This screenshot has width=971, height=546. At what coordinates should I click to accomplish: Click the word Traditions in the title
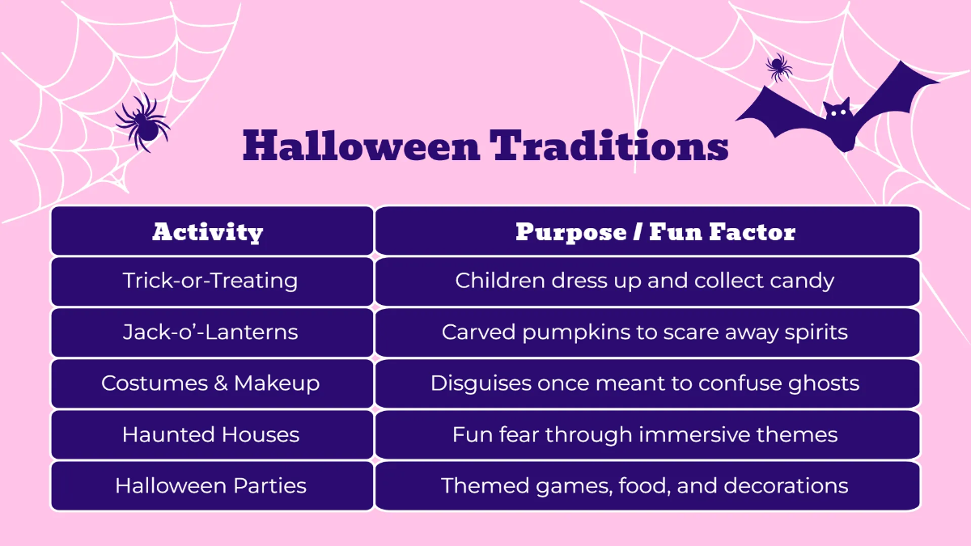tap(609, 146)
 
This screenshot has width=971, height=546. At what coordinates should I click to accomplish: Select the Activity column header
tap(208, 232)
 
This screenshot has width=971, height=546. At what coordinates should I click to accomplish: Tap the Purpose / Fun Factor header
tap(655, 232)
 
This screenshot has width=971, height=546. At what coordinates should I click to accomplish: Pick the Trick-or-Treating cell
tap(210, 281)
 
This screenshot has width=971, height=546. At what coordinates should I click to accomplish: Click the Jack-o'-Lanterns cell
tap(210, 332)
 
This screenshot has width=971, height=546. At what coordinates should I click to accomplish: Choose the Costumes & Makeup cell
tap(210, 383)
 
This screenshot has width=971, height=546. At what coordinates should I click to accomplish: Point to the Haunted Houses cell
tap(210, 434)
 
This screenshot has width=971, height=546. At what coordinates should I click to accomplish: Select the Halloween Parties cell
tap(210, 485)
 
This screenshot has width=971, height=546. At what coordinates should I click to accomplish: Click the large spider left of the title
tap(142, 121)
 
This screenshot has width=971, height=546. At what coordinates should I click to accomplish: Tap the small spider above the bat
tap(778, 67)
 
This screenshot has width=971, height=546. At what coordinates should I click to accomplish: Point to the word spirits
tap(812, 332)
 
